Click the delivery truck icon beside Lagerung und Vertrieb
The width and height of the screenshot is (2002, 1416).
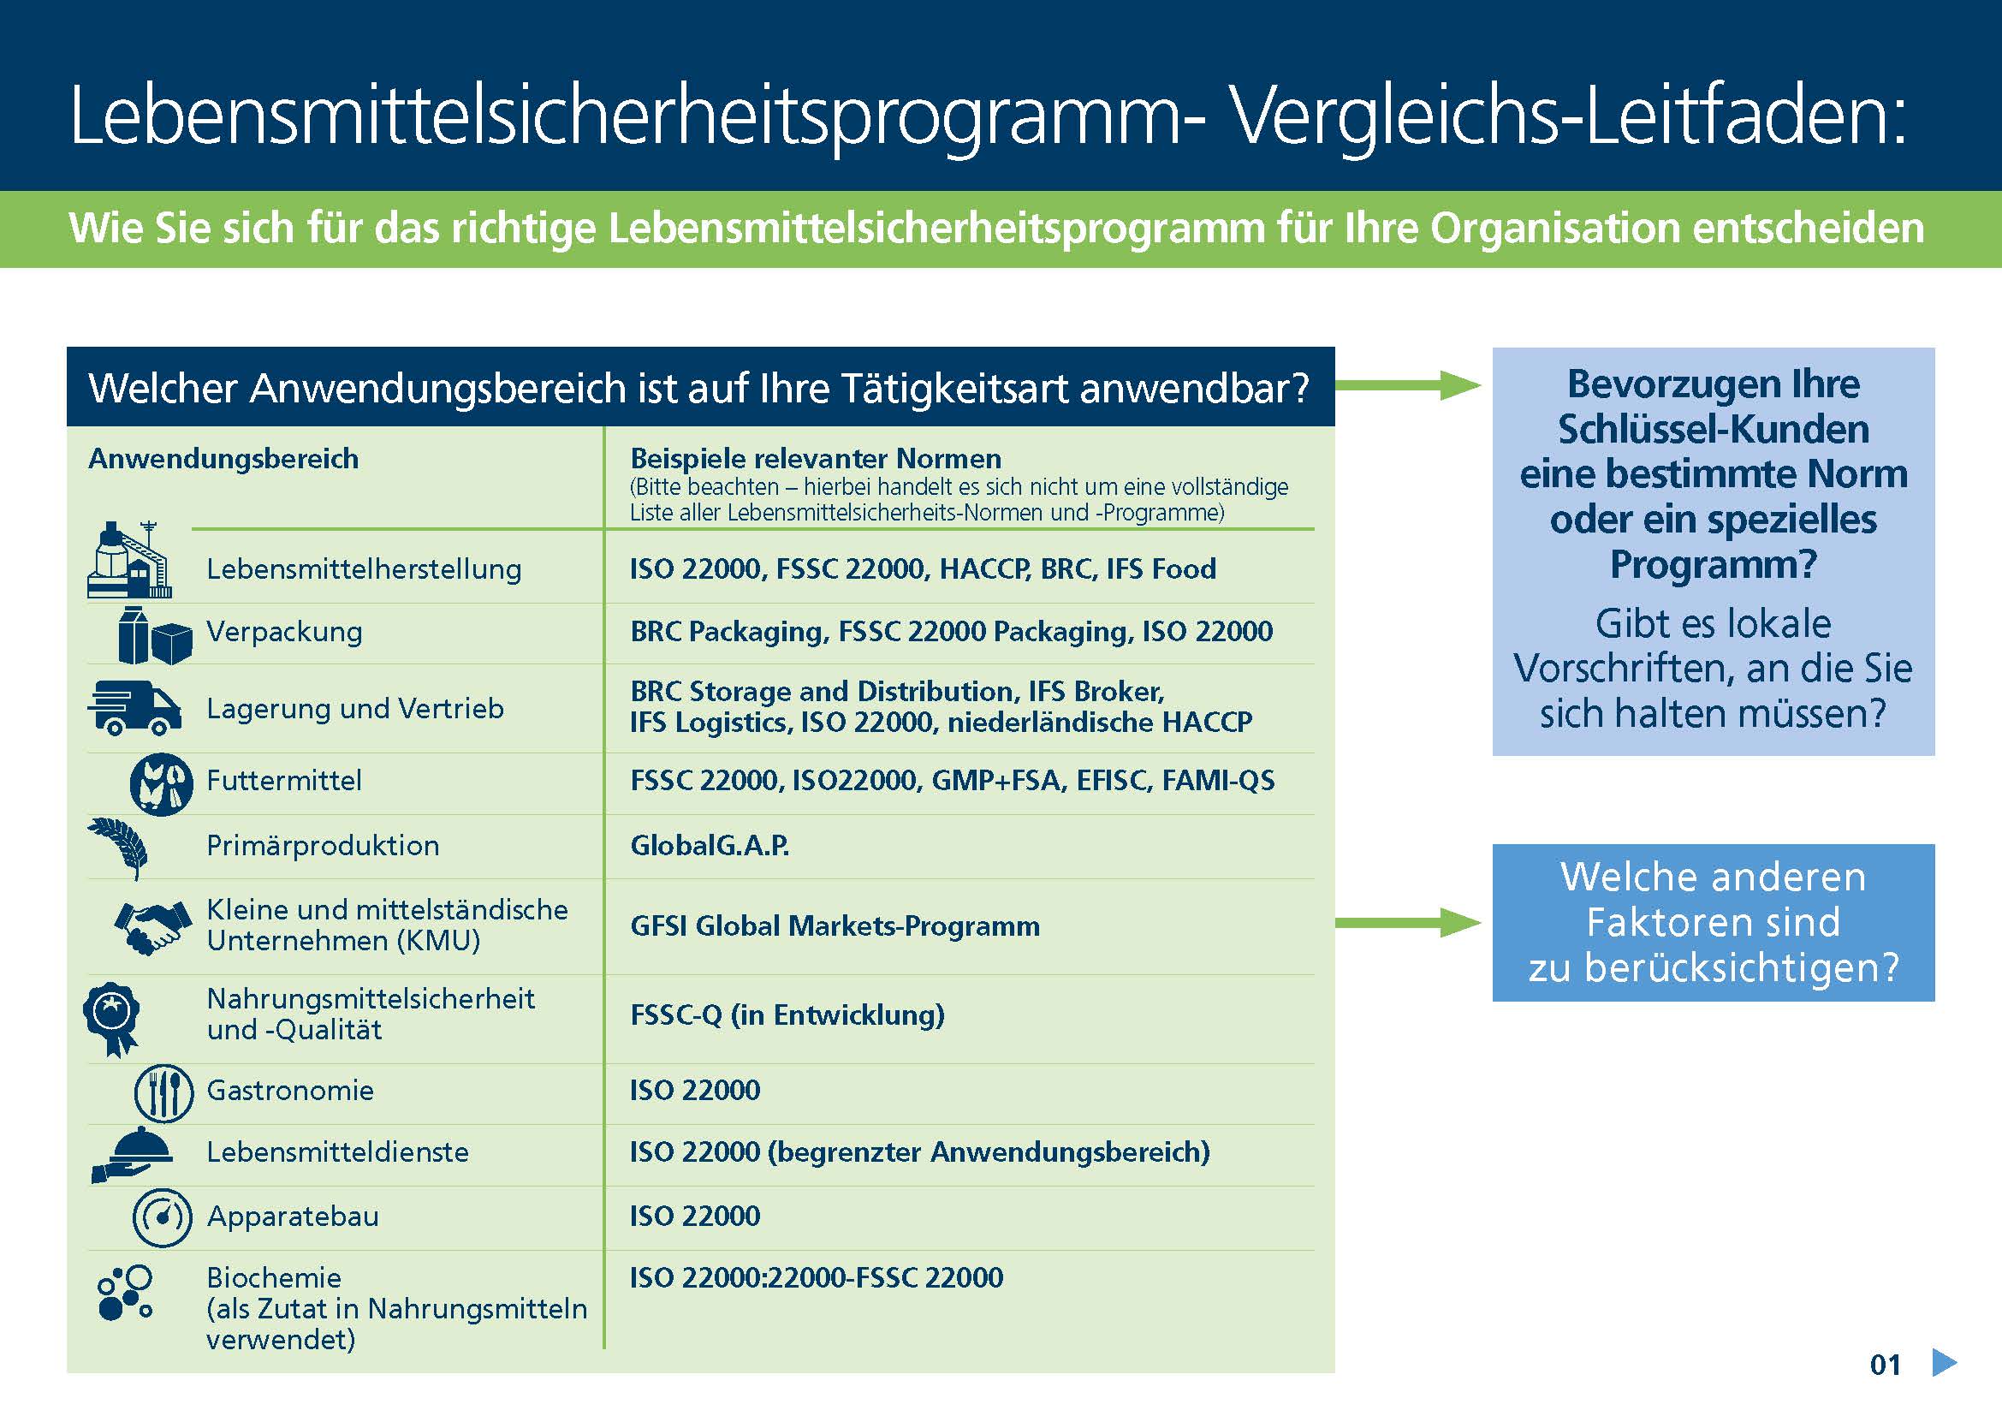coord(134,707)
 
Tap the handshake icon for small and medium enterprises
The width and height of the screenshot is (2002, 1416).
coord(152,926)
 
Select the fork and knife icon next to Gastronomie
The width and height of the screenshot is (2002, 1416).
coord(163,1093)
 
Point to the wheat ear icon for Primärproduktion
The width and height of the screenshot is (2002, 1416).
coord(119,846)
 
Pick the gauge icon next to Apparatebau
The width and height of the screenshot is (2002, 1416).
coord(161,1217)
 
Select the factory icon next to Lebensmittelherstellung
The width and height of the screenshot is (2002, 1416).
coord(129,562)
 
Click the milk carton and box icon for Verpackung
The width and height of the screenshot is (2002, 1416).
coord(154,635)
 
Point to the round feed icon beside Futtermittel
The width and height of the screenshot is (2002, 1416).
coord(161,784)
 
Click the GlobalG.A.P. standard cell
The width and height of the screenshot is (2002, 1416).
coord(710,846)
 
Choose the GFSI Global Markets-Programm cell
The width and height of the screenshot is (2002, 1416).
coord(835,926)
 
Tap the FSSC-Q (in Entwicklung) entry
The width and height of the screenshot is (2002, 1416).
coord(787,1015)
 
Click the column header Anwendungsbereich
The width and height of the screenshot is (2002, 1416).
coord(223,459)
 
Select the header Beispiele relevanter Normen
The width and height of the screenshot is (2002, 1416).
coord(816,459)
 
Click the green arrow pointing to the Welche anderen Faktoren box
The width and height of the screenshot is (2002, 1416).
coord(1407,923)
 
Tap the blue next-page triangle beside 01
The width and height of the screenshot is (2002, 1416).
coord(1944,1363)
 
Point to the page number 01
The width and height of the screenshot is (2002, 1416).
coord(1885,1365)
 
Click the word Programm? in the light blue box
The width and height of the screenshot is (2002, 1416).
coord(1713,564)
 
